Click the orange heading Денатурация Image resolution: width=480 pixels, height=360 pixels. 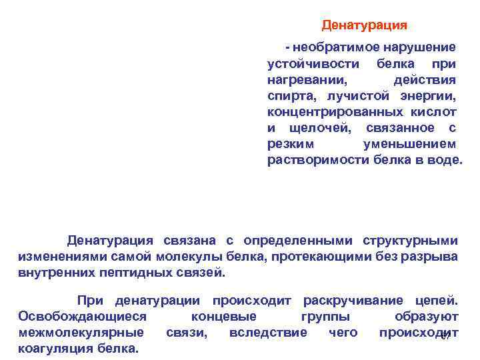364,25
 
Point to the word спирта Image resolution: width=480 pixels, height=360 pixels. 288,95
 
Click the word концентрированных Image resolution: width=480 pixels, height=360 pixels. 333,111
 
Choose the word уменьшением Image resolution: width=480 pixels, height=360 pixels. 409,143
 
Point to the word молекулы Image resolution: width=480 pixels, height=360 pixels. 180,257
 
